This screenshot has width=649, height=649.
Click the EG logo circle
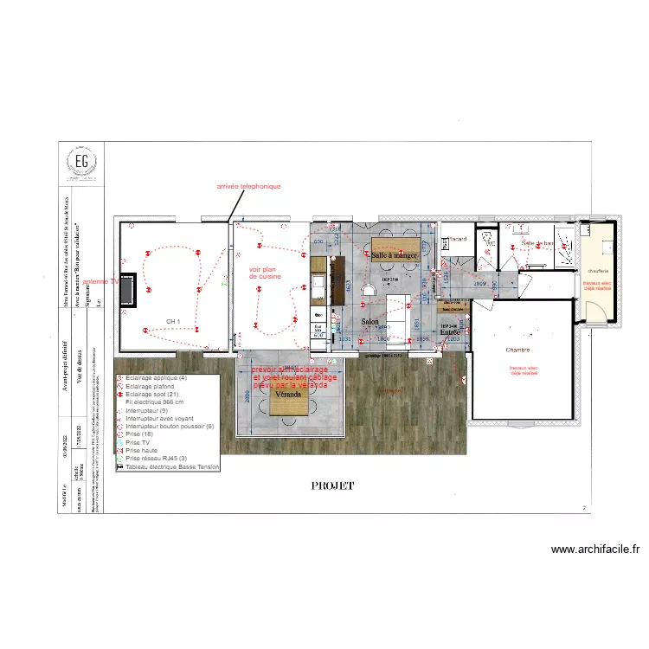(x=81, y=162)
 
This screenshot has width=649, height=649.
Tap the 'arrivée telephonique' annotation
(x=249, y=186)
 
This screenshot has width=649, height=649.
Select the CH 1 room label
(x=173, y=321)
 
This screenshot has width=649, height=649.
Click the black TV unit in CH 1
(x=125, y=289)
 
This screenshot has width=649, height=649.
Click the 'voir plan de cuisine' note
(x=267, y=273)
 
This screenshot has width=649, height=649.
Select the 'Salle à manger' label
(x=395, y=255)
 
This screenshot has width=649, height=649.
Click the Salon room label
(x=370, y=321)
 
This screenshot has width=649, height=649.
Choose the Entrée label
(x=451, y=331)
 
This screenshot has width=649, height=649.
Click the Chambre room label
(x=518, y=350)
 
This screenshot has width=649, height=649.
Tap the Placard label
(x=458, y=239)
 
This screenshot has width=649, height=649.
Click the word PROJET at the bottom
(x=333, y=486)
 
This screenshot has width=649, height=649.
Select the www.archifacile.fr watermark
(x=594, y=549)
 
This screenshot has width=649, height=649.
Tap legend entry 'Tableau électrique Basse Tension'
(x=172, y=466)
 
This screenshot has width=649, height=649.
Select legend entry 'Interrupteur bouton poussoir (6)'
(x=170, y=427)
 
